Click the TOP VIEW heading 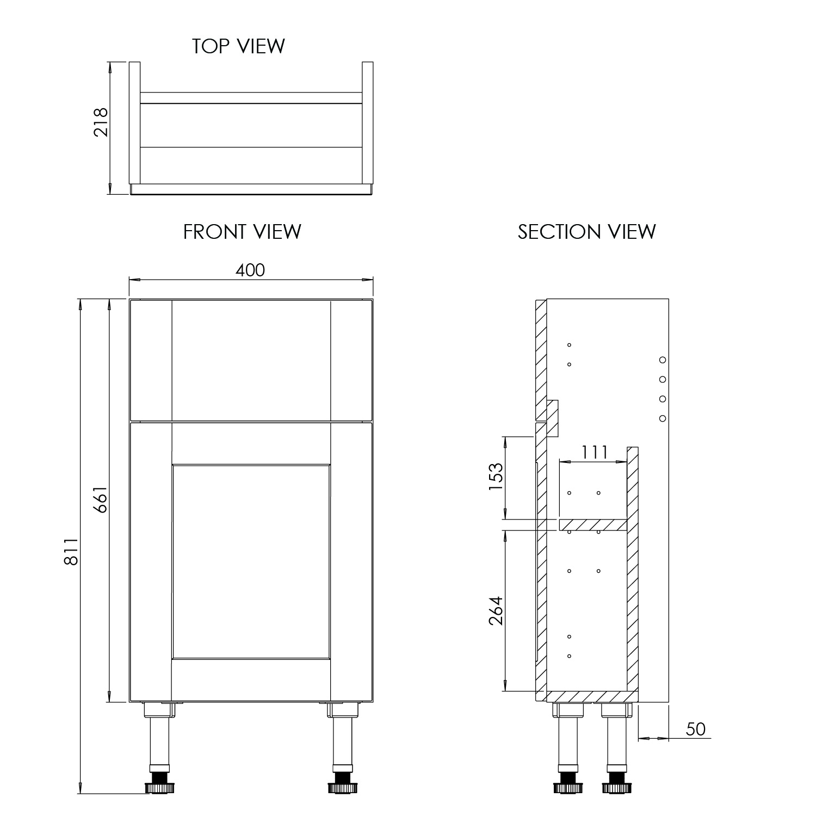[x=238, y=46]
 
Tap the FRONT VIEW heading [x=242, y=232]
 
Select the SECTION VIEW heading [x=586, y=232]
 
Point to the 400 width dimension [x=251, y=270]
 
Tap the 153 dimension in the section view [x=496, y=477]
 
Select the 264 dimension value [x=496, y=611]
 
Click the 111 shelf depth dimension [x=594, y=452]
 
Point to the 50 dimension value [x=696, y=729]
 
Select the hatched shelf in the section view [x=593, y=525]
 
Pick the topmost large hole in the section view [x=663, y=360]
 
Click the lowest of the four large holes [x=663, y=418]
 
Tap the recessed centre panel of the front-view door [x=251, y=561]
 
